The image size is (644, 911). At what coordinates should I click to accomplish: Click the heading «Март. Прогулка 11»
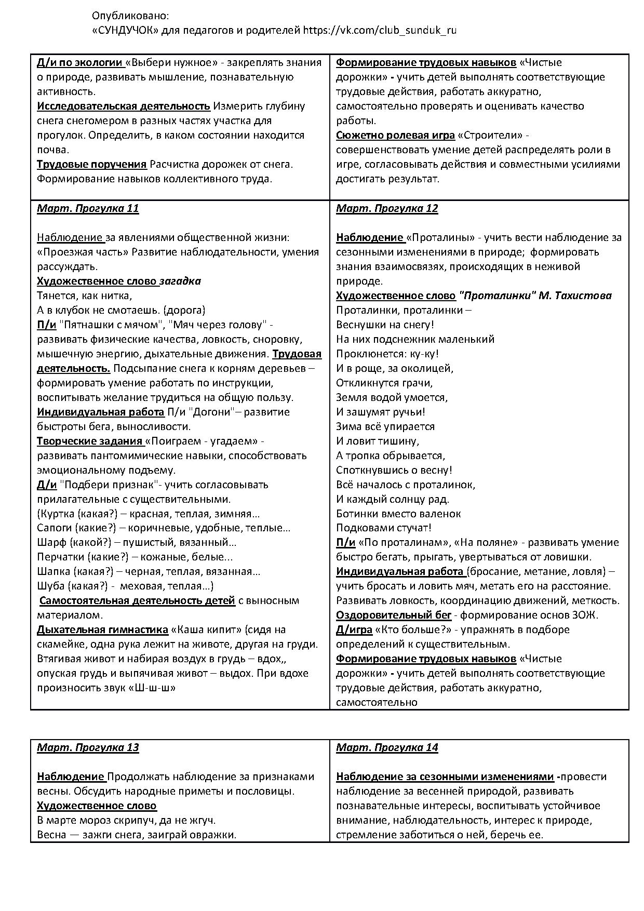(88, 209)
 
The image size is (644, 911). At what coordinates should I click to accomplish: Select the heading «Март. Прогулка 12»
(387, 209)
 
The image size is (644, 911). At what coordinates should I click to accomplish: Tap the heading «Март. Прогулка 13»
(88, 748)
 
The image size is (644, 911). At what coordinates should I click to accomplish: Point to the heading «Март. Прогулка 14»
(387, 748)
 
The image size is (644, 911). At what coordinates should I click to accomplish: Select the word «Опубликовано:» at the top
(130, 16)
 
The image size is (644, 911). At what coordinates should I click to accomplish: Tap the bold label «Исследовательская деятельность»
(124, 106)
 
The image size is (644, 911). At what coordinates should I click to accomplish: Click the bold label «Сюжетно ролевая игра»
(395, 136)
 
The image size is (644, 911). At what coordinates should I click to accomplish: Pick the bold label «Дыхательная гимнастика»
(103, 630)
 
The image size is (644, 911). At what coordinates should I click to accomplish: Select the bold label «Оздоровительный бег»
(394, 615)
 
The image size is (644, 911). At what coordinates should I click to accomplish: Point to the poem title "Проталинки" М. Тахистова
(535, 296)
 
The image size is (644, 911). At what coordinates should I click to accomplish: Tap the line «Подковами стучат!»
(384, 528)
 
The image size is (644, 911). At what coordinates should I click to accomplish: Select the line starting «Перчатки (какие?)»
(135, 557)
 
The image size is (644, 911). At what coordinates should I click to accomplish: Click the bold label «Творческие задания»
(90, 441)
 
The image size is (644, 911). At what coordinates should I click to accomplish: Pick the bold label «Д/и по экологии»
(80, 63)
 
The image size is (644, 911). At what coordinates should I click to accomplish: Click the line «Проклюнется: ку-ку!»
(387, 354)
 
